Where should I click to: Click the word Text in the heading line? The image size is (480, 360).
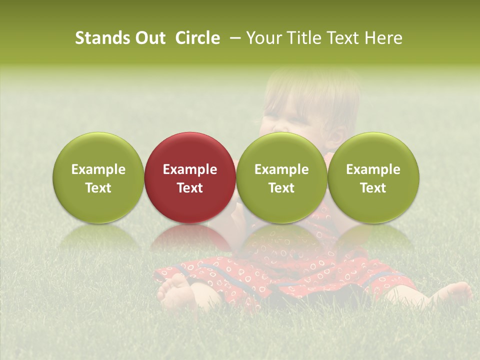(344, 38)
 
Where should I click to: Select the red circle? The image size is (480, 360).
(190, 177)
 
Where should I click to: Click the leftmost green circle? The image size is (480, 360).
(98, 177)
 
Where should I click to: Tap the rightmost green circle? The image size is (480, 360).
(373, 177)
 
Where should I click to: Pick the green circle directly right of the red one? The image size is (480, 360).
(281, 177)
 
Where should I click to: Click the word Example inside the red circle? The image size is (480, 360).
(190, 169)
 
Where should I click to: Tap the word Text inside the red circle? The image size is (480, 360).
(190, 188)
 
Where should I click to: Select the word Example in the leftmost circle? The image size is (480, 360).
(98, 169)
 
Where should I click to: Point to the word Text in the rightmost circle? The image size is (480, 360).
(373, 188)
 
